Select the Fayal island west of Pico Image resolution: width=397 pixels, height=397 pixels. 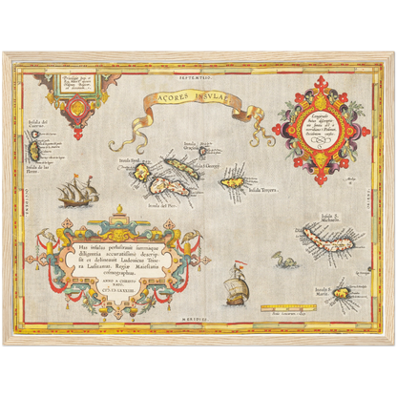point(141,174)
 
